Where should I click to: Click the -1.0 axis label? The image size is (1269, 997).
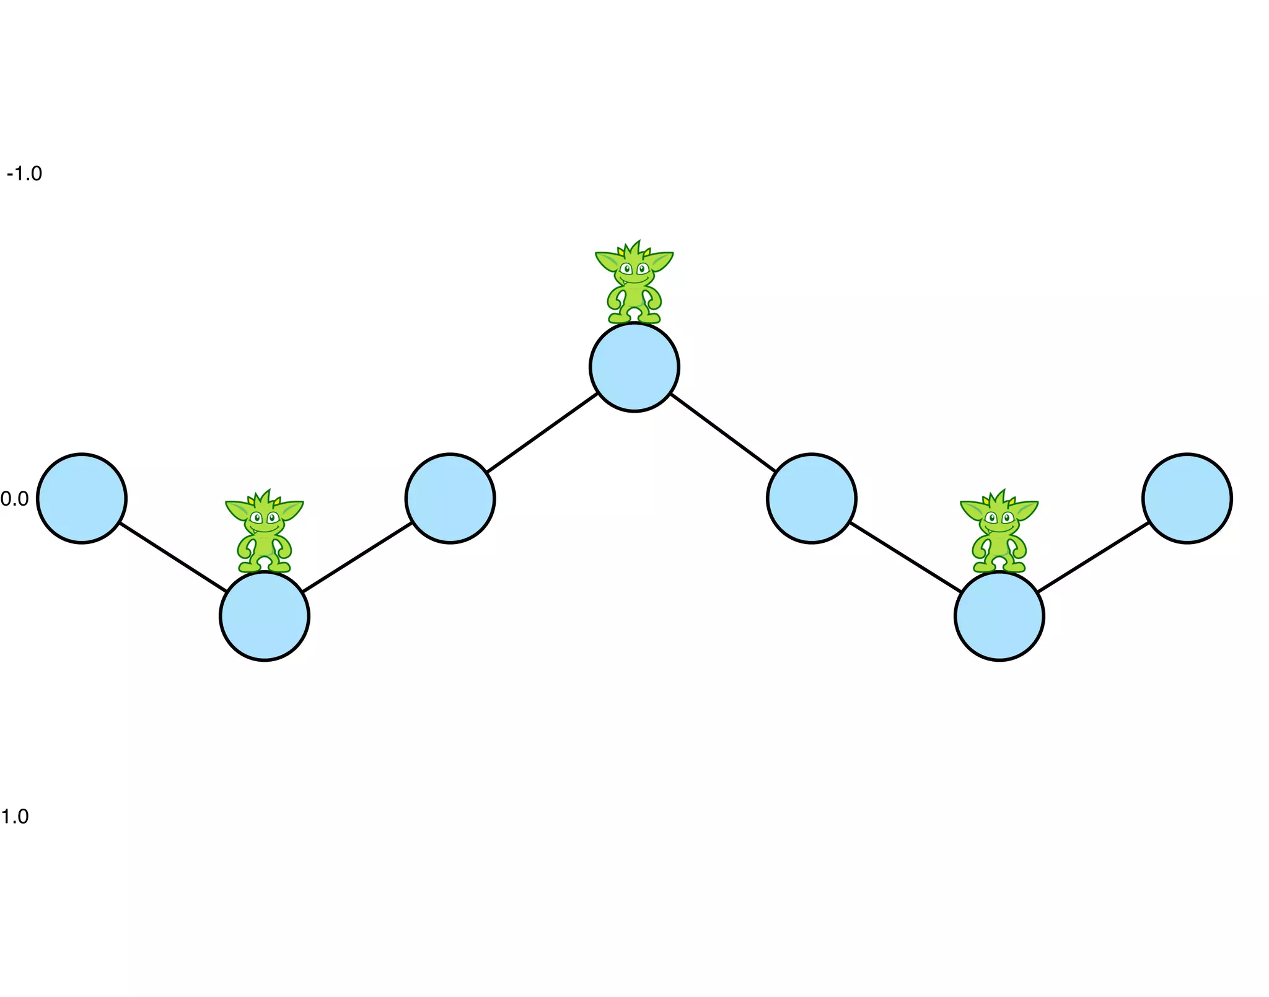click(24, 173)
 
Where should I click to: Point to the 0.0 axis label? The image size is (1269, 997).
click(15, 499)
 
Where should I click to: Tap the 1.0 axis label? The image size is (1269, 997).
click(15, 816)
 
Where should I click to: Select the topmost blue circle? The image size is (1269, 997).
click(634, 367)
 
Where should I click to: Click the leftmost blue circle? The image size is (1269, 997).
click(82, 498)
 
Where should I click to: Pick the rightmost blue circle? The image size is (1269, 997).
click(1187, 498)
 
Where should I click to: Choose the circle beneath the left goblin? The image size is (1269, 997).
click(265, 616)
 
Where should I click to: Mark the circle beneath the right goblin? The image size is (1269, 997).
click(999, 616)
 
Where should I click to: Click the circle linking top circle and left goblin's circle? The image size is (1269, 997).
click(450, 498)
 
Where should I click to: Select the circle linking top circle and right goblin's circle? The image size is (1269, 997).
click(811, 498)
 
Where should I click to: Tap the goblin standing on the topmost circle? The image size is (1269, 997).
click(634, 285)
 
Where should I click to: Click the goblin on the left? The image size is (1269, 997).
click(265, 533)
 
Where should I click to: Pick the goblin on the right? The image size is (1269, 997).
click(999, 533)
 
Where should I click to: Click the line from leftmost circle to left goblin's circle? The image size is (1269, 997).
click(173, 557)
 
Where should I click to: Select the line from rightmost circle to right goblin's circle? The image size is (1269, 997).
click(1093, 557)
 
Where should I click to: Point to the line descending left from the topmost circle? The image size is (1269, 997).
click(542, 433)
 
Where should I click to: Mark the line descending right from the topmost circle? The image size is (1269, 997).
click(723, 433)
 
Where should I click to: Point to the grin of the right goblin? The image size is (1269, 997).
click(999, 530)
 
